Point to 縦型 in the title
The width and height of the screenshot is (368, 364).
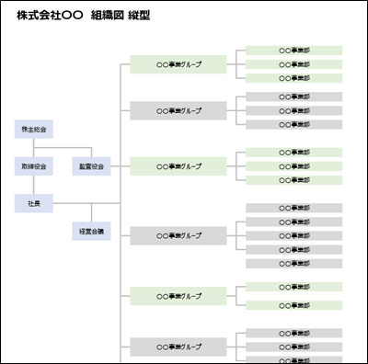[140, 17]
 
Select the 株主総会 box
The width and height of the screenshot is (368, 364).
[34, 130]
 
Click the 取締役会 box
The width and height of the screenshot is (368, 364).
[34, 166]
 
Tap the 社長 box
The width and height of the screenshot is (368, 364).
[34, 202]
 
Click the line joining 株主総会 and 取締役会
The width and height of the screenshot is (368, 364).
[34, 148]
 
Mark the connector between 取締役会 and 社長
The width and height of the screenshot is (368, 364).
[34, 185]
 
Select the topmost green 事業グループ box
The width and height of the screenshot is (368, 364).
[178, 64]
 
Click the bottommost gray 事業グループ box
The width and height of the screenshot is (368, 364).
[178, 347]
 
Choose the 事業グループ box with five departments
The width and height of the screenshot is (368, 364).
[178, 235]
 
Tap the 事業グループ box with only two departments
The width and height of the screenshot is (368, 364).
[178, 296]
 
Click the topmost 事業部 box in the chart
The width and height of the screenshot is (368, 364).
[294, 51]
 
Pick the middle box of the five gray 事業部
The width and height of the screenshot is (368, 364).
[294, 235]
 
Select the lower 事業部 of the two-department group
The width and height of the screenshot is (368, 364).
[294, 305]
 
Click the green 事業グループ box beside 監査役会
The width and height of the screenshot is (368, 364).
[178, 166]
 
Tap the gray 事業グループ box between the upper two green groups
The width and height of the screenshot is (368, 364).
[178, 110]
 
